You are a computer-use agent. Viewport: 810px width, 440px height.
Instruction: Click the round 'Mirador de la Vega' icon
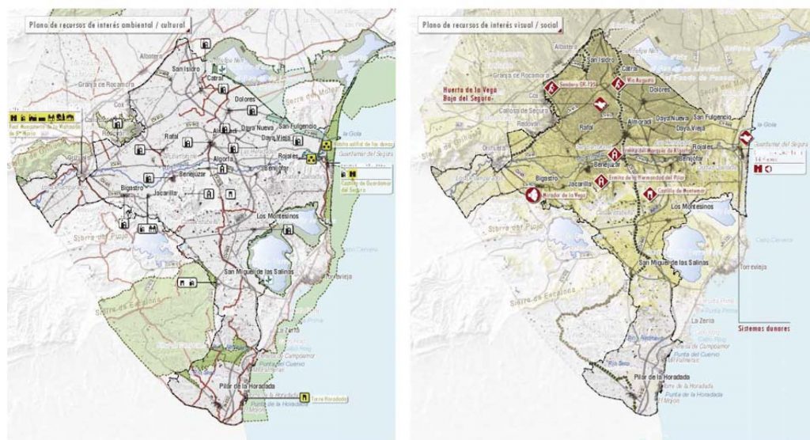[x=532, y=195]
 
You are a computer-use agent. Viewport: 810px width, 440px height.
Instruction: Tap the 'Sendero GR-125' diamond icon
[x=549, y=89]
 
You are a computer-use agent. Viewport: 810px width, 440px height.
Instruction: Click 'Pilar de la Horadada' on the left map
[x=247, y=385]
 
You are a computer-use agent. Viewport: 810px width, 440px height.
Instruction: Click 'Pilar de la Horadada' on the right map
[x=655, y=377]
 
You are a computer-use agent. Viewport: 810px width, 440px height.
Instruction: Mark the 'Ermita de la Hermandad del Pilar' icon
[x=601, y=181]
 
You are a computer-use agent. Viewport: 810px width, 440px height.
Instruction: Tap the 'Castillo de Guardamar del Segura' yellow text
[x=364, y=188]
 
